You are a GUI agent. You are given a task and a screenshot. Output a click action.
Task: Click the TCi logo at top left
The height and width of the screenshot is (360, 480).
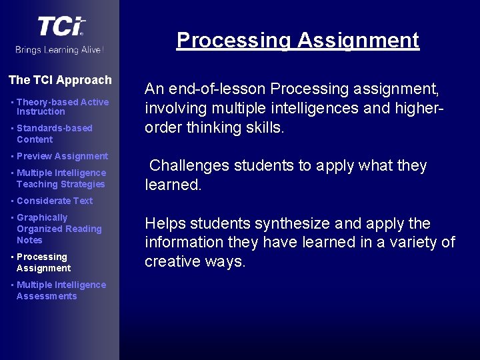click(x=61, y=27)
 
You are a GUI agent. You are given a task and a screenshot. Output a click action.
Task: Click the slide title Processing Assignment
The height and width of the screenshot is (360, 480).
click(x=297, y=40)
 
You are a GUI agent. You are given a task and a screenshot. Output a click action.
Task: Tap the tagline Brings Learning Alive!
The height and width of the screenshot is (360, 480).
click(x=60, y=50)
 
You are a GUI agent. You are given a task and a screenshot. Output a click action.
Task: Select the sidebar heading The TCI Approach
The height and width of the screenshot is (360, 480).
click(x=60, y=80)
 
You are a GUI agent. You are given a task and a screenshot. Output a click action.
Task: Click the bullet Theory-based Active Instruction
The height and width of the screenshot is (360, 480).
click(x=62, y=107)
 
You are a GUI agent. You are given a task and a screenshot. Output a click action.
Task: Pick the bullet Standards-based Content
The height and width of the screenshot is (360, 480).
click(x=54, y=133)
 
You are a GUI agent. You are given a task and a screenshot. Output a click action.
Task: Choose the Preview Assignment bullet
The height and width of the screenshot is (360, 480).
click(x=62, y=156)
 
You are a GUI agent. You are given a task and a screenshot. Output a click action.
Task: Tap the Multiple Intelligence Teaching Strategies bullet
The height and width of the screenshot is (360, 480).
click(x=61, y=178)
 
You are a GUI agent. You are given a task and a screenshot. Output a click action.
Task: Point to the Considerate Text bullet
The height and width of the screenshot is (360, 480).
click(x=55, y=201)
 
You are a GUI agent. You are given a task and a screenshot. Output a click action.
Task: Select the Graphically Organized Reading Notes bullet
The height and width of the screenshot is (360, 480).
click(x=59, y=229)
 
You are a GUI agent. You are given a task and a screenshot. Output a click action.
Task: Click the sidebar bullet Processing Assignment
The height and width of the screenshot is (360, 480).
click(x=43, y=262)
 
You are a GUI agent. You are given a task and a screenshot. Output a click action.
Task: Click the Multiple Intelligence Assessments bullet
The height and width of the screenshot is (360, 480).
click(x=61, y=290)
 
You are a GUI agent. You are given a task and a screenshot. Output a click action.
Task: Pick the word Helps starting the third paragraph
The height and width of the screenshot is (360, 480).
click(x=164, y=223)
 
